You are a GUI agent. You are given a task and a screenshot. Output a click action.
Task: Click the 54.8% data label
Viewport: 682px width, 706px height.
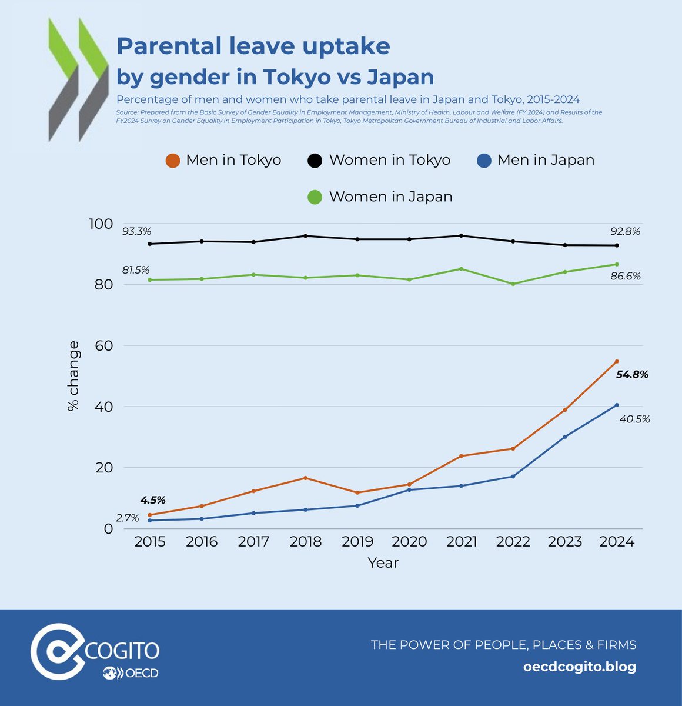632,374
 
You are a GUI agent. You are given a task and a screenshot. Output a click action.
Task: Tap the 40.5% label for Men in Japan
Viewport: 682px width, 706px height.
634,419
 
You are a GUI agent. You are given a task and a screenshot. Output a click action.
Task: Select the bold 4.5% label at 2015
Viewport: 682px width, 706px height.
153,500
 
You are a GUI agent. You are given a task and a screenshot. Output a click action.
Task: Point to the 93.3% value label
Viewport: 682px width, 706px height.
136,232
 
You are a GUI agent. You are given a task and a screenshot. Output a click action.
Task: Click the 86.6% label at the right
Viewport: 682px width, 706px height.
626,276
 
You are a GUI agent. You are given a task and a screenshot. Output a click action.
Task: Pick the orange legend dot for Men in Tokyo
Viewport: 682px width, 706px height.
172,161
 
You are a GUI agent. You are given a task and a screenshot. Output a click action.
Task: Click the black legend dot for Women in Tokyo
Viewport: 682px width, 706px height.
315,161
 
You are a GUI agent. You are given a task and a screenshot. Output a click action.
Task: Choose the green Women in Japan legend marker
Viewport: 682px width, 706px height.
315,197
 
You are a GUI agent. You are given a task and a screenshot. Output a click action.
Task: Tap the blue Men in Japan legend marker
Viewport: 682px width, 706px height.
484,161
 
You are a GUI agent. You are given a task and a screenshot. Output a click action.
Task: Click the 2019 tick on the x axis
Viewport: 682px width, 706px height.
357,542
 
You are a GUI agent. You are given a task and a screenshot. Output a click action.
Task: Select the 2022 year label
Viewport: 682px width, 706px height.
513,542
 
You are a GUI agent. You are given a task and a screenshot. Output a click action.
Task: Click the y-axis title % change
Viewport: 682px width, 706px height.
73,377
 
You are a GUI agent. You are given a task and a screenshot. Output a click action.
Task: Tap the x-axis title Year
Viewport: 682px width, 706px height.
383,563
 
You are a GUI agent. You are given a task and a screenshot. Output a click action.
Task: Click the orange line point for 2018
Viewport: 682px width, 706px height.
305,478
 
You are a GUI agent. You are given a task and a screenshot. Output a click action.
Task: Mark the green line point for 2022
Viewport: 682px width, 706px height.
513,284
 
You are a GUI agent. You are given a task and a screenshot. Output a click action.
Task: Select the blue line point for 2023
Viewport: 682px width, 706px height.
565,437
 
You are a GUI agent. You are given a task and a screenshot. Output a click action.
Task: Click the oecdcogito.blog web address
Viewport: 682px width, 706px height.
579,667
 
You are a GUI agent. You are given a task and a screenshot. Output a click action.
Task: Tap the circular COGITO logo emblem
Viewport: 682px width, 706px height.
58,651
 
